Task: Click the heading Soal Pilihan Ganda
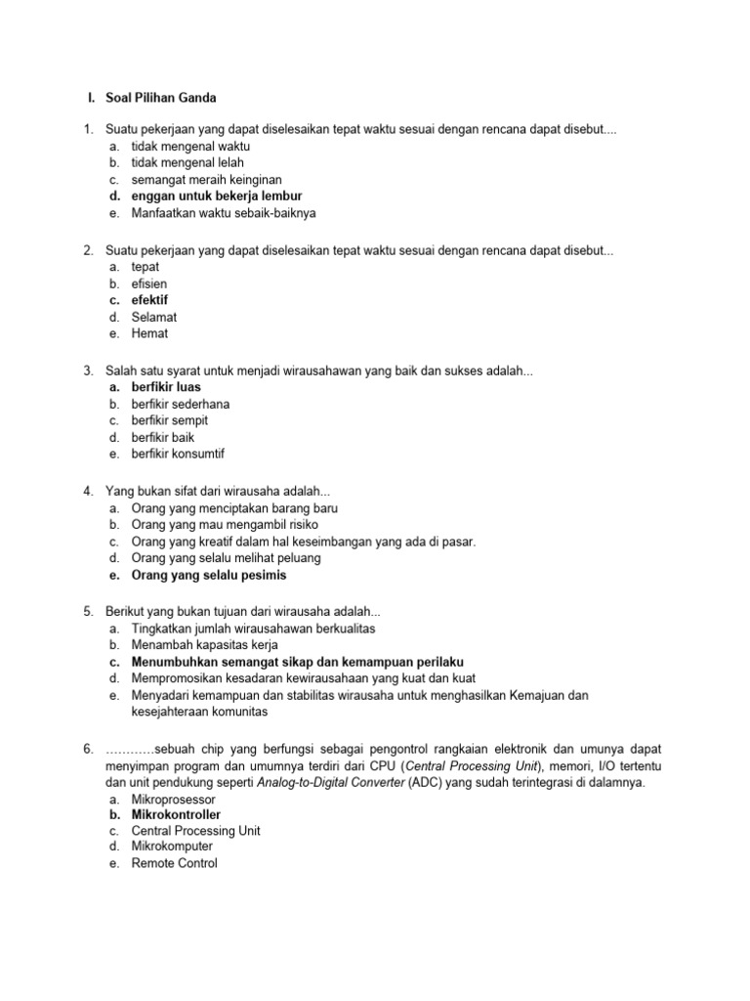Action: (160, 98)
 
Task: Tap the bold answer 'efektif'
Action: (149, 300)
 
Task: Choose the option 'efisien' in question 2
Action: (148, 283)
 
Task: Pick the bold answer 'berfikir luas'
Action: (166, 387)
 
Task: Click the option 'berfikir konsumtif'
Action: (185, 454)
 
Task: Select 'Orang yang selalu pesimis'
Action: (209, 575)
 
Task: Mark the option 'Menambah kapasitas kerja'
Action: (204, 645)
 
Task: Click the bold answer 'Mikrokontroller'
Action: (176, 814)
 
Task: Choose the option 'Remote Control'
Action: (174, 863)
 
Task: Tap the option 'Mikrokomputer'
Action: (172, 847)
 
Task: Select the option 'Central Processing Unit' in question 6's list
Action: (195, 831)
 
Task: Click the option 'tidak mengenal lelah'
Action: (187, 162)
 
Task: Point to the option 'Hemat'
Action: (149, 333)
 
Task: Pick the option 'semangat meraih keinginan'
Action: (206, 179)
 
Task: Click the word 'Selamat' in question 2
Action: (154, 317)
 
